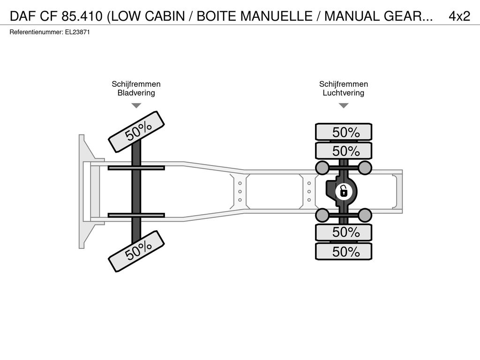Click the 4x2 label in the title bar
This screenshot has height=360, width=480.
pyautogui.click(x=459, y=16)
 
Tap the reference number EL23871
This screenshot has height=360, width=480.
pyautogui.click(x=77, y=32)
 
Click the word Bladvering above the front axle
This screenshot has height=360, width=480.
pyautogui.click(x=136, y=93)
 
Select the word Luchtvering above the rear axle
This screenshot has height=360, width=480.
pyautogui.click(x=344, y=93)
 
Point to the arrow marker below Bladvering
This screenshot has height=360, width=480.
pyautogui.click(x=136, y=105)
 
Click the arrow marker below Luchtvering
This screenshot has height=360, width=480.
pyautogui.click(x=344, y=105)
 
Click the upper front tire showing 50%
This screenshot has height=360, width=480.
pyautogui.click(x=136, y=132)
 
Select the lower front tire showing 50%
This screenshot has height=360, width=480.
pyautogui.click(x=136, y=251)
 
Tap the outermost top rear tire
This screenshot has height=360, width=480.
pyautogui.click(x=344, y=132)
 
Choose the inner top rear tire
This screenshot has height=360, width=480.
pyautogui.click(x=344, y=150)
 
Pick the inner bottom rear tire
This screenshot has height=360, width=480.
pyautogui.click(x=344, y=232)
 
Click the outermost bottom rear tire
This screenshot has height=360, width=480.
pyautogui.click(x=344, y=251)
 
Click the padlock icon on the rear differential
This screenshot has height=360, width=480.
pyautogui.click(x=344, y=192)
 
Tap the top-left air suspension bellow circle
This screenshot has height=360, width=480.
pyautogui.click(x=322, y=167)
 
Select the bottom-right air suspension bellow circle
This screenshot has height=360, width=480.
pyautogui.click(x=365, y=215)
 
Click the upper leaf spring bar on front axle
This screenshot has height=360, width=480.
pyautogui.click(x=136, y=168)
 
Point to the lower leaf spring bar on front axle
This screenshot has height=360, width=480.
pyautogui.click(x=136, y=216)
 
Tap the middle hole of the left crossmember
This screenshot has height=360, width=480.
pyautogui.click(x=240, y=192)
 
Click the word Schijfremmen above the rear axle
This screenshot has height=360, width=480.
pyautogui.click(x=344, y=84)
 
